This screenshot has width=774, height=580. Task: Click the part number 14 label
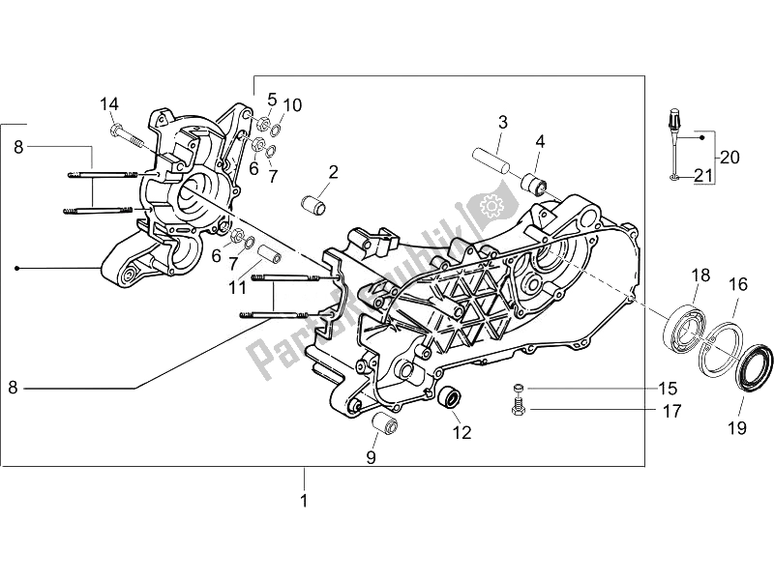(108, 104)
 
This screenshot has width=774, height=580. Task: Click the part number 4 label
(540, 141)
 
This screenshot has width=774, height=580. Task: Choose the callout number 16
(738, 284)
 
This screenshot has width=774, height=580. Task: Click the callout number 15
(668, 389)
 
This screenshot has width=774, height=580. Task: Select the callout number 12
(461, 432)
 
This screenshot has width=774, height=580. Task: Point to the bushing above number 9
(384, 425)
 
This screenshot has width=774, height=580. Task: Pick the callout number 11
(238, 288)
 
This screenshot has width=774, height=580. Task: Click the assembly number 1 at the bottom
(303, 501)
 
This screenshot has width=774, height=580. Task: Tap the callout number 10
(293, 104)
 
